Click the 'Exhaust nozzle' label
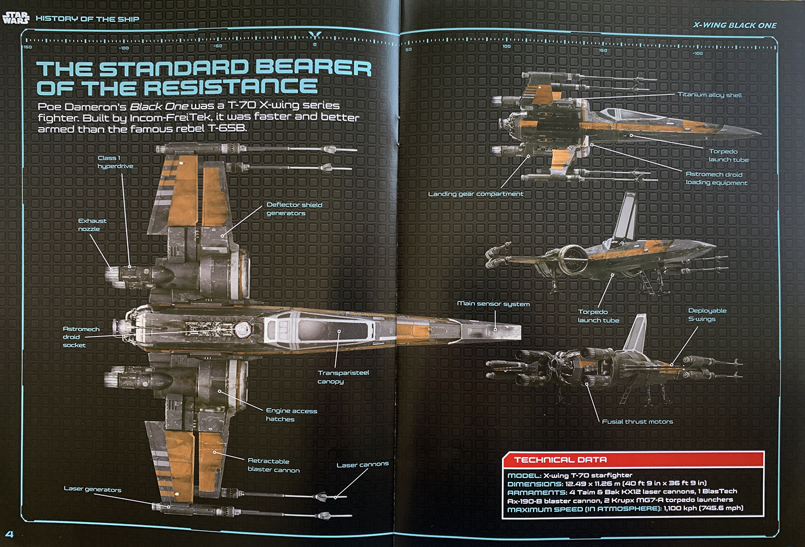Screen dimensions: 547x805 point(92,225)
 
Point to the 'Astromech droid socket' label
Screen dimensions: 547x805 point(80,337)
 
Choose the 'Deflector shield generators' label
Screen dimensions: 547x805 point(294,209)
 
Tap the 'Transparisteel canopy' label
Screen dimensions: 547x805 point(343,377)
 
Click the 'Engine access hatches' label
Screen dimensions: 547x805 point(292,415)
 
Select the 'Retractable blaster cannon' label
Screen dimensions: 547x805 point(274,465)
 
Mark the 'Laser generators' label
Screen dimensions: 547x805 point(93,489)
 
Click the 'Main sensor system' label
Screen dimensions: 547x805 point(493,303)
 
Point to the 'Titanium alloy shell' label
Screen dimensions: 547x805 point(710,95)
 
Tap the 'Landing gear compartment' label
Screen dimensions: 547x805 point(476,194)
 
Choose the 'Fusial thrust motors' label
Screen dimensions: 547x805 point(637,422)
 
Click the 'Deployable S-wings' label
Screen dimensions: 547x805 point(707,315)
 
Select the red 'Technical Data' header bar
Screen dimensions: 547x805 point(632,460)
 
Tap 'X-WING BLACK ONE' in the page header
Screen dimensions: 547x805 point(735,25)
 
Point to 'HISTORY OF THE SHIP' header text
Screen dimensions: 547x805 point(87,19)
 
